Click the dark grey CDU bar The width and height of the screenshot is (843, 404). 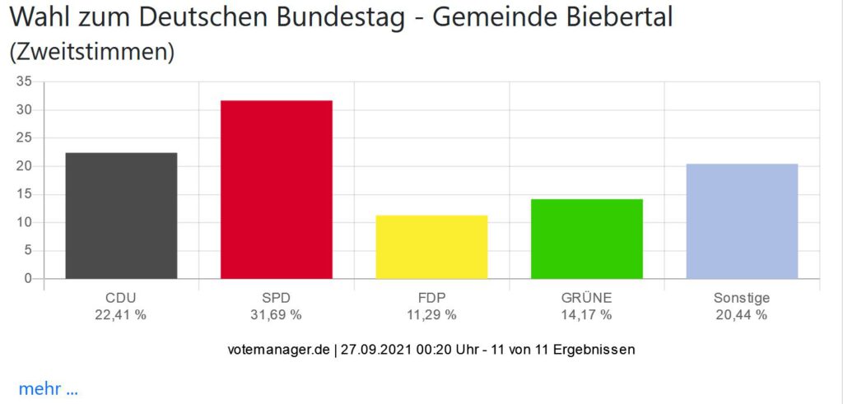(121, 216)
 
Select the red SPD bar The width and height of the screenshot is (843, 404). (277, 190)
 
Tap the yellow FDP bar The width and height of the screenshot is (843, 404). (431, 247)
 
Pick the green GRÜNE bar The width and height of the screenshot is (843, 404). (587, 239)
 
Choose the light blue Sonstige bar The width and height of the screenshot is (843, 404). (742, 221)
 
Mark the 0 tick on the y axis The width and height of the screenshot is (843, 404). (27, 279)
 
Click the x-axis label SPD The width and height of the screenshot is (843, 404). (277, 298)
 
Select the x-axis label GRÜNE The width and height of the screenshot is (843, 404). (587, 298)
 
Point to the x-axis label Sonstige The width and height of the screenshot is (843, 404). (742, 298)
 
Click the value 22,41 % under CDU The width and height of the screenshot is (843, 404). (121, 314)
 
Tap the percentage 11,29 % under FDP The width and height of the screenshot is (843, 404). (431, 314)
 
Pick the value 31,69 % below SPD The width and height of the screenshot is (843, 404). (277, 314)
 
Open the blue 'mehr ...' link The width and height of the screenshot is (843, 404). (48, 389)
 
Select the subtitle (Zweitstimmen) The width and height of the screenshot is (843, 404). (92, 52)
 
